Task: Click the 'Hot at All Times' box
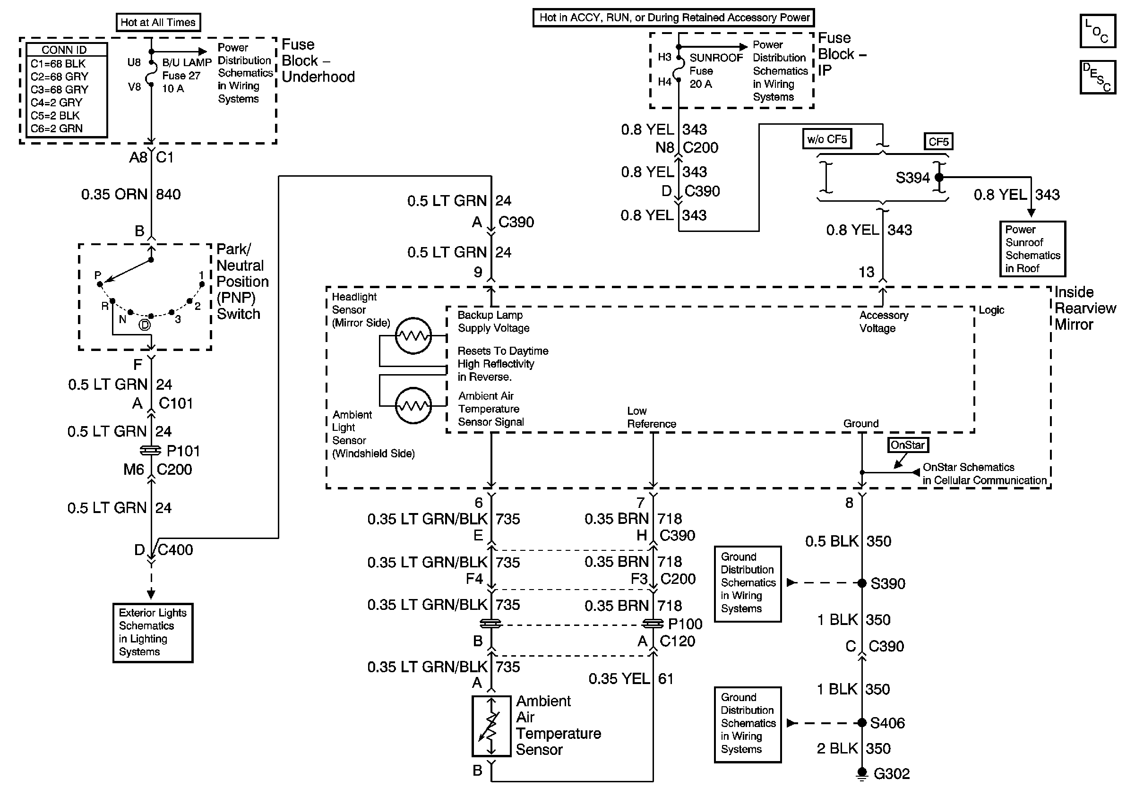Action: [x=158, y=22]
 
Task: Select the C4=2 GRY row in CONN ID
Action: [x=56, y=103]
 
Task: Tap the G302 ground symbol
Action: [x=861, y=774]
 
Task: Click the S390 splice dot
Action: [x=861, y=583]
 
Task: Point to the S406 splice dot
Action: [x=861, y=723]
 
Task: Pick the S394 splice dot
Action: [x=939, y=177]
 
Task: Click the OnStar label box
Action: [x=908, y=445]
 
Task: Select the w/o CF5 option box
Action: [x=827, y=139]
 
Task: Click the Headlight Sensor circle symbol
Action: [x=414, y=336]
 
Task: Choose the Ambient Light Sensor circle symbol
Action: [x=414, y=406]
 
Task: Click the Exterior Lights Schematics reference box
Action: [x=153, y=633]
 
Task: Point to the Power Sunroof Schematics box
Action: [x=1032, y=249]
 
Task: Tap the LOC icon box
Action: [x=1097, y=31]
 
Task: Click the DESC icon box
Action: [x=1097, y=77]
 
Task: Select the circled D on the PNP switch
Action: [x=144, y=325]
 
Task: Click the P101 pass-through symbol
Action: [x=151, y=451]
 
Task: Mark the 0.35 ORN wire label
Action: [x=114, y=194]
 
